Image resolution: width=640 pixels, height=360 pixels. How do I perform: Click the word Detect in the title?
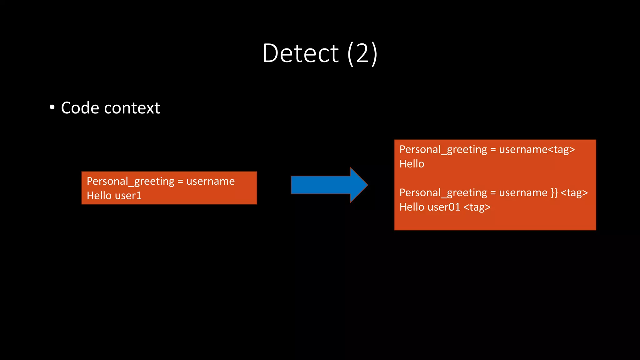pos(300,53)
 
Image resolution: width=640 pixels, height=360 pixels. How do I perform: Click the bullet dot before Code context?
pos(52,107)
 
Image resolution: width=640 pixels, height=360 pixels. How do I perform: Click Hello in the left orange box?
pos(99,196)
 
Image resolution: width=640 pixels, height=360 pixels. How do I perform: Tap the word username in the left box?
pos(210,181)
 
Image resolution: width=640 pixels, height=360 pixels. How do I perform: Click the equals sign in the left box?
pos(180,181)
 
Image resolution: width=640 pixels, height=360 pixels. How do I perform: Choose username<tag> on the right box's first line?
pos(537,149)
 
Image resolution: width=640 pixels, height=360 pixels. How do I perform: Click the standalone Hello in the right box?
pos(412,164)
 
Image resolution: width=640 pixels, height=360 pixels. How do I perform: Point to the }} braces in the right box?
pos(554,192)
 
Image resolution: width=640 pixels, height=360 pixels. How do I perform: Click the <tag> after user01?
pos(477,207)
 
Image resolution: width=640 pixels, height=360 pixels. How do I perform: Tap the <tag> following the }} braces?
pos(574,192)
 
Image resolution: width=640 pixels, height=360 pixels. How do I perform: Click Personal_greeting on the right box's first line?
pos(443,149)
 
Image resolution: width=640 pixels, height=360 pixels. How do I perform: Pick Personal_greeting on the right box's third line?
pos(443,192)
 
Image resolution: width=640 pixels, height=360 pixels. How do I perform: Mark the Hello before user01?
pos(412,207)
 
